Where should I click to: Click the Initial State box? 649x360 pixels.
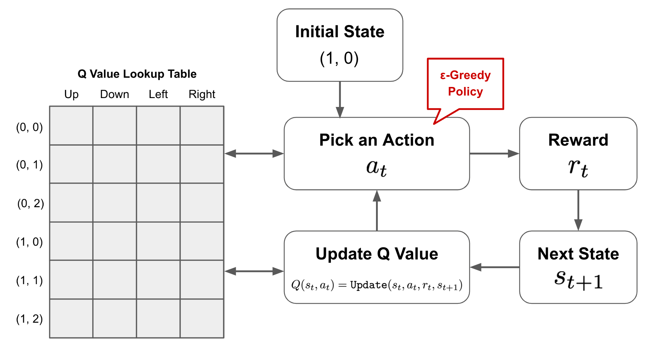[x=340, y=45]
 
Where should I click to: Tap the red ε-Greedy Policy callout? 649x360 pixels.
[x=465, y=84]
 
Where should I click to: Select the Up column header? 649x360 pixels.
[x=71, y=94]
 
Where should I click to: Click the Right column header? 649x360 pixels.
[x=202, y=94]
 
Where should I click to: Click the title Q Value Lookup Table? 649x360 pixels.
[x=137, y=74]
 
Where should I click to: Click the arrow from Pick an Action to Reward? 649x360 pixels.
[x=494, y=154]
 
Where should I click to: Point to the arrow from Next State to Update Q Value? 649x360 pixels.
[x=495, y=267]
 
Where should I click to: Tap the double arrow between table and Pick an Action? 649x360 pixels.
[x=254, y=154]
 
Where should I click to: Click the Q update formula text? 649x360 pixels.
[x=377, y=285]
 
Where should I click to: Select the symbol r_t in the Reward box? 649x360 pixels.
[x=578, y=167]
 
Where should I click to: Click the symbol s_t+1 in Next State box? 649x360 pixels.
[x=578, y=280]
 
